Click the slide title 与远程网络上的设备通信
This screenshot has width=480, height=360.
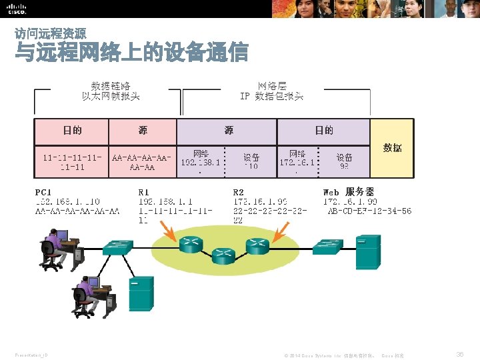coord(131,53)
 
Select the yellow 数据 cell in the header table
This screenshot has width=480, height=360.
coord(392,148)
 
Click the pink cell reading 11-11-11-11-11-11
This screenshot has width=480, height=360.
coord(72,162)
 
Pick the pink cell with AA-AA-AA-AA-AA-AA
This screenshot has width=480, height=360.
coord(143,162)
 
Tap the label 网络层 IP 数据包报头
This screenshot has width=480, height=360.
coord(271,91)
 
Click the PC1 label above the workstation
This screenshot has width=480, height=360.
coord(44,192)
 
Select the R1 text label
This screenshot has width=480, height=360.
coord(144,192)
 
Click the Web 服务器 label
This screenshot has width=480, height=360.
coord(349,192)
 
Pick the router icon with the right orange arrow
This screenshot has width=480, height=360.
coord(256,245)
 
